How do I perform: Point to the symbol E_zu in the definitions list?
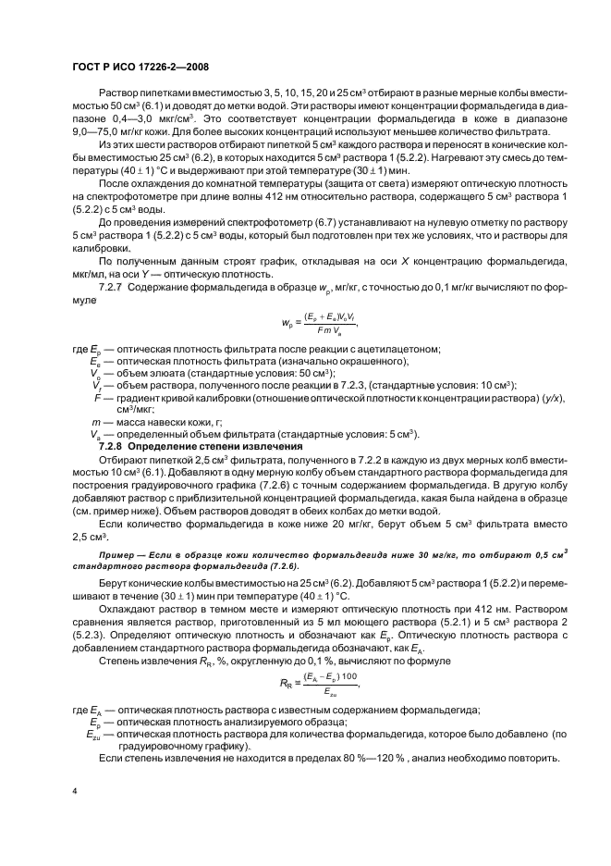coord(96,733)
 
